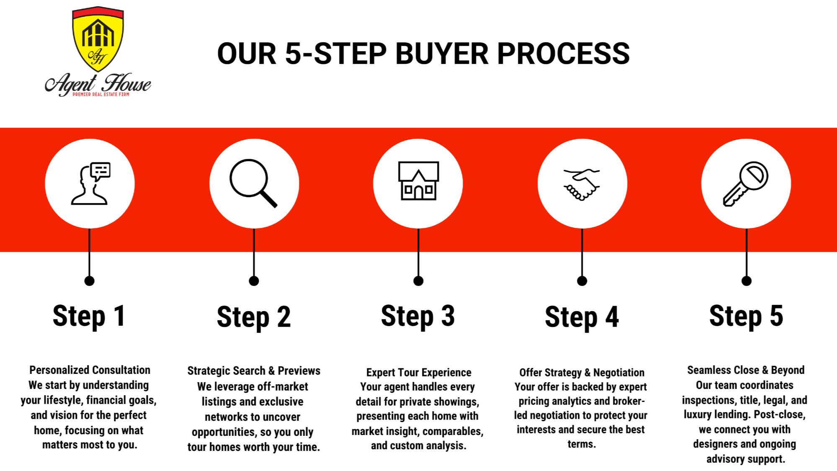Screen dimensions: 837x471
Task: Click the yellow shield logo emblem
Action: (98, 39)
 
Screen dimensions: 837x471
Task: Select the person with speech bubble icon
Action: (91, 183)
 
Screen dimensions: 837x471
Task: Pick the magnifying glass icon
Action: (253, 183)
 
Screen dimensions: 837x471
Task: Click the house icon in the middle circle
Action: (418, 180)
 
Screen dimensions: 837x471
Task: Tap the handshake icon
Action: (582, 184)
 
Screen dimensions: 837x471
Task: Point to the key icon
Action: (746, 184)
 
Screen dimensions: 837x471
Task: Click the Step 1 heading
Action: (89, 316)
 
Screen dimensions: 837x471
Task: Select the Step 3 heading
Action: (418, 316)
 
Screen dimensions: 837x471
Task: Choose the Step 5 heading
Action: (746, 316)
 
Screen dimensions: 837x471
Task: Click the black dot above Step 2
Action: (254, 281)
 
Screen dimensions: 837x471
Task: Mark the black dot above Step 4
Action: (582, 281)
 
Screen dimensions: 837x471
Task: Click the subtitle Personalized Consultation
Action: (90, 370)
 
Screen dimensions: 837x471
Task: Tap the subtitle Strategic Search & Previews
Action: (254, 371)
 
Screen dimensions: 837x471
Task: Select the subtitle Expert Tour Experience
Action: (419, 373)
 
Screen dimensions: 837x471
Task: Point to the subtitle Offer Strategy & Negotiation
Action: (582, 373)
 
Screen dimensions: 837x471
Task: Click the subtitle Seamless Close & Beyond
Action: (746, 370)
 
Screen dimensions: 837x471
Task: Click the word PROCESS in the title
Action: (563, 54)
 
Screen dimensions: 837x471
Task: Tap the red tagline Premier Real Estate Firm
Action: (101, 95)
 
